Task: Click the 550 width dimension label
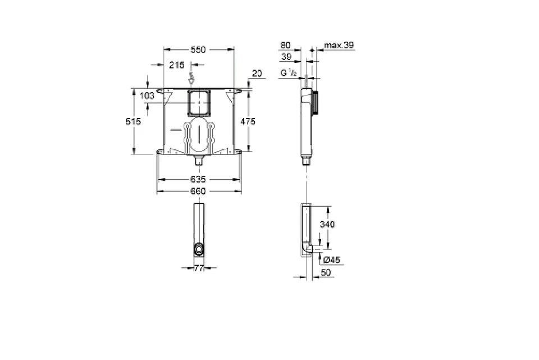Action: coord(198,49)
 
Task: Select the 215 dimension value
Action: coord(177,65)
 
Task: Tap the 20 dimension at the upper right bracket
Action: coord(257,73)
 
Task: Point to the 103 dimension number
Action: coord(147,96)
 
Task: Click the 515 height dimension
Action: coord(134,121)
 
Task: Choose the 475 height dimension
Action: coord(248,121)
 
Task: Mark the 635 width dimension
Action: coord(198,179)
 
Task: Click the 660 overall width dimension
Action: coord(198,191)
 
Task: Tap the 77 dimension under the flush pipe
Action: coord(198,268)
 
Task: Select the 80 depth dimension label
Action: coord(285,45)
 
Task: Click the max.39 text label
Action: coord(340,45)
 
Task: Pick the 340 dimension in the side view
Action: coord(327,224)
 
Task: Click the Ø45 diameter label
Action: coord(332,259)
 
